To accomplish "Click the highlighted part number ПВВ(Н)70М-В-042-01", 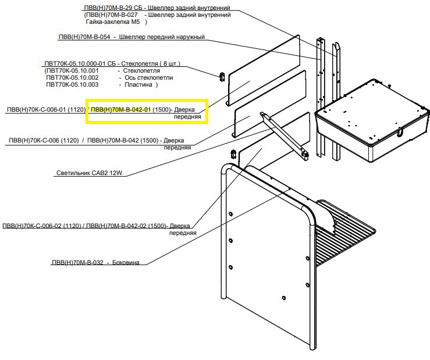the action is click(121, 110).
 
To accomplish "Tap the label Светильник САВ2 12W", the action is click(90, 173).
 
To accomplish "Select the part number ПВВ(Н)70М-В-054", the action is click(84, 37).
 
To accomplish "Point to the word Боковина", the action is click(126, 262).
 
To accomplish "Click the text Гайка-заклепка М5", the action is click(113, 22).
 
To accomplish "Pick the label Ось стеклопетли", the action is click(149, 77).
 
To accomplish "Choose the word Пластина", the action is click(138, 85).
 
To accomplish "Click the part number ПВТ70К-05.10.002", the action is click(72, 77).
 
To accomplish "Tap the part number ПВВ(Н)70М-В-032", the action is click(77, 262).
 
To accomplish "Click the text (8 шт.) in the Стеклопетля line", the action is click(169, 63).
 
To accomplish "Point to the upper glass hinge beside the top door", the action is click(222, 77).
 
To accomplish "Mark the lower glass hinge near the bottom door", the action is click(234, 154).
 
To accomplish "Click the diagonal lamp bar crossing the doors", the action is click(284, 135).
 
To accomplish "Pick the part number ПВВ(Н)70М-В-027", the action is click(111, 15).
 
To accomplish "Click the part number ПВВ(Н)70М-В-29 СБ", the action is click(113, 8).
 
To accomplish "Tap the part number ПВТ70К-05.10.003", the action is click(72, 85).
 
